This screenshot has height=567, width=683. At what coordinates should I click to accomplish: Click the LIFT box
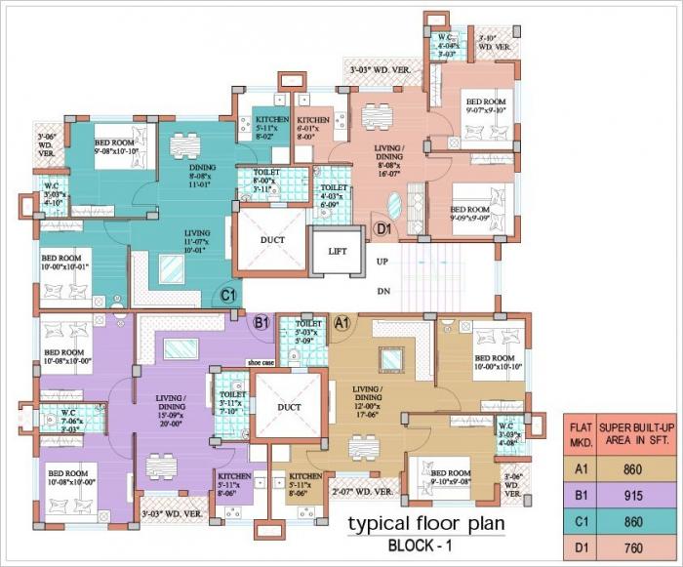click(338, 252)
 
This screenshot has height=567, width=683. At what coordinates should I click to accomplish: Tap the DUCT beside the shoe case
click(288, 407)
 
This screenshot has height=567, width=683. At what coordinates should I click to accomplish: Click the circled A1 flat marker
click(342, 322)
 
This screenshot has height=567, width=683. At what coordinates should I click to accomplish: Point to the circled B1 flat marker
click(261, 322)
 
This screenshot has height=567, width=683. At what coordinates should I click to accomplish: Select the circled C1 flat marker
click(228, 294)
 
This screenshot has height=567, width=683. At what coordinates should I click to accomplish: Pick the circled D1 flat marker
click(384, 229)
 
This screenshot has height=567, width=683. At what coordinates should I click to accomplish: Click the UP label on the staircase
click(382, 263)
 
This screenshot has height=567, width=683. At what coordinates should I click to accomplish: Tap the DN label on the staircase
click(382, 291)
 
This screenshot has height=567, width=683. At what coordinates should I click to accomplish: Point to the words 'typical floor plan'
click(426, 524)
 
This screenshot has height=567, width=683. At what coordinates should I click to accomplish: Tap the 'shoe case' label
click(261, 361)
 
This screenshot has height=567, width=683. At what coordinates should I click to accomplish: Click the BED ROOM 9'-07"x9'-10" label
click(486, 106)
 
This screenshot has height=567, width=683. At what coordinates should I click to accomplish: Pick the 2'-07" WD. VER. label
click(363, 492)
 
